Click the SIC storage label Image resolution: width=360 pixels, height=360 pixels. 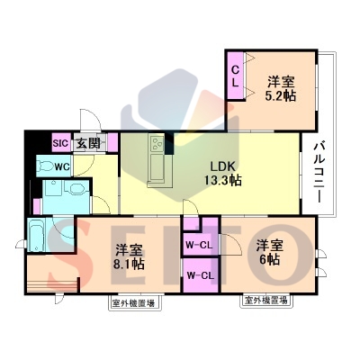click(x=61, y=142)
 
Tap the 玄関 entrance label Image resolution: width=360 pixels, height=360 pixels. click(x=87, y=143)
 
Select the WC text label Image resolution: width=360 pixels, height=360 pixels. click(x=62, y=166)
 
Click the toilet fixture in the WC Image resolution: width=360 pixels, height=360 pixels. click(x=44, y=166)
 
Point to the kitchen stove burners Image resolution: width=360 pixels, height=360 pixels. click(x=157, y=143)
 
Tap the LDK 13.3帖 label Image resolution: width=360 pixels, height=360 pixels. click(x=223, y=174)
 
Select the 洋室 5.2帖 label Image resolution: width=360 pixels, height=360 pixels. click(x=281, y=89)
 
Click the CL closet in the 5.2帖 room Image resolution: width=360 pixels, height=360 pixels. click(x=236, y=76)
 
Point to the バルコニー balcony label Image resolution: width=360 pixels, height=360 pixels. click(x=319, y=174)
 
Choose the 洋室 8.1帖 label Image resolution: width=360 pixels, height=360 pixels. click(x=129, y=257)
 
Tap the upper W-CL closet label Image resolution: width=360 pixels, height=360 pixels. click(x=198, y=245)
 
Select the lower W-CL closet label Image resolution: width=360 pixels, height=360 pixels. click(x=200, y=275)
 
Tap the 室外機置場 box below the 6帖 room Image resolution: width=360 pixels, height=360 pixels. click(x=266, y=301)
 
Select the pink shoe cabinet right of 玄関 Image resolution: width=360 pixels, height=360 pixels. click(x=112, y=143)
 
